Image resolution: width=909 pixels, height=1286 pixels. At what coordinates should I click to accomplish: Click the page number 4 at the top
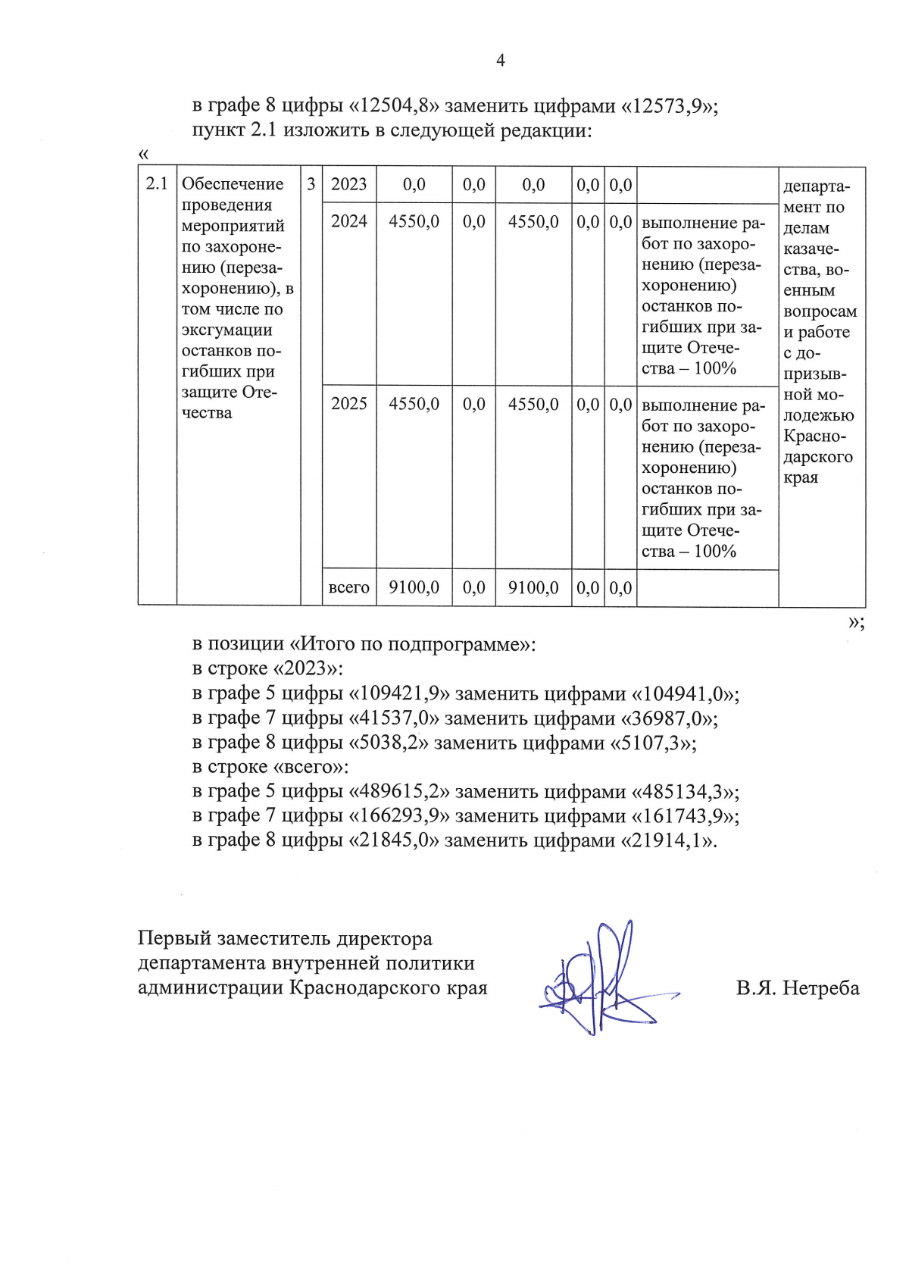[x=500, y=61]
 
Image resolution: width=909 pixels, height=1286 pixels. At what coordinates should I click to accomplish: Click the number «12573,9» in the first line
[x=669, y=105]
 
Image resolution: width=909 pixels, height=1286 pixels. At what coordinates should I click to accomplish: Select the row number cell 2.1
[x=157, y=184]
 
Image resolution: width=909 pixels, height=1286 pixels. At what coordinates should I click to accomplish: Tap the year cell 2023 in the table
[x=348, y=184]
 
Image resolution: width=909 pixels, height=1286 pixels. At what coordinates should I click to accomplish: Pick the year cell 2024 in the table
[x=348, y=221]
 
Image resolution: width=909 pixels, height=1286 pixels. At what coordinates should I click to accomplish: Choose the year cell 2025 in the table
[x=348, y=404]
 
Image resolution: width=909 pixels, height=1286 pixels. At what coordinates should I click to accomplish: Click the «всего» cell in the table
[x=348, y=588]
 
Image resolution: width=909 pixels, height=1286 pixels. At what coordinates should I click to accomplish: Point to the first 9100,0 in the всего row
[x=414, y=588]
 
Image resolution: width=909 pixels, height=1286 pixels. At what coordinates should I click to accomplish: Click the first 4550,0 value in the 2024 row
[x=414, y=221]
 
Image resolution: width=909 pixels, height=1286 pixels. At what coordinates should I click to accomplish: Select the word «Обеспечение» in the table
[x=233, y=184]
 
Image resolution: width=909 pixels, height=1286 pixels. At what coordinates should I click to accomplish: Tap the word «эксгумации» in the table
[x=226, y=330]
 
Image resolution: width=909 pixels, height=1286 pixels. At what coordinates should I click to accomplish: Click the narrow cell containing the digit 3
[x=311, y=184]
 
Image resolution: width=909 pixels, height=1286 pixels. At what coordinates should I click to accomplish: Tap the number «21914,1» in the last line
[x=669, y=841]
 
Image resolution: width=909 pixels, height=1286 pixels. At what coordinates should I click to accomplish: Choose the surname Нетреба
[x=821, y=988]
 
